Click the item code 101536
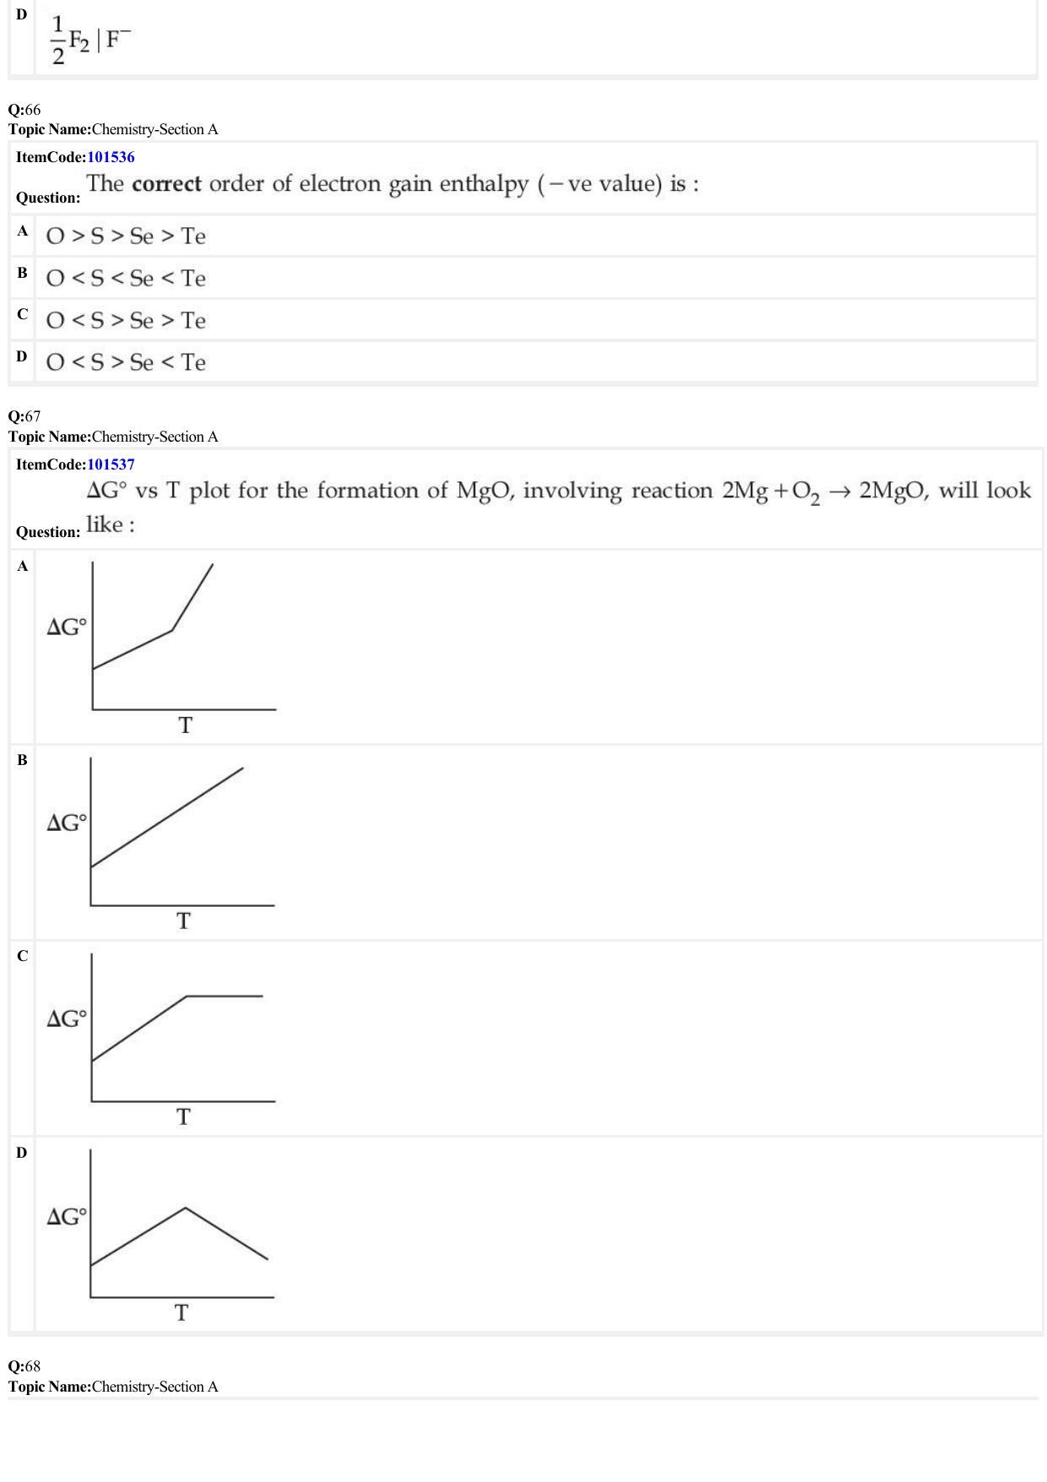pos(111,157)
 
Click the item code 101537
pos(111,464)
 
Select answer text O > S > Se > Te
pos(126,236)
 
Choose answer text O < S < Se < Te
pos(126,279)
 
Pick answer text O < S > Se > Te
pos(126,321)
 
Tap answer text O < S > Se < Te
pos(126,363)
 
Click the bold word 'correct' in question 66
pos(166,184)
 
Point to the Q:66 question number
pos(24,110)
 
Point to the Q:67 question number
pos(24,416)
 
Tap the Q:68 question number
pos(24,1366)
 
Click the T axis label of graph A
pos(185,725)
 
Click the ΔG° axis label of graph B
pos(67,822)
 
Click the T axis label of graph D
pos(182,1313)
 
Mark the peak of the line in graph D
pos(186,1208)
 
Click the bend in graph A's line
pos(172,630)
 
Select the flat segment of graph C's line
pos(225,996)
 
